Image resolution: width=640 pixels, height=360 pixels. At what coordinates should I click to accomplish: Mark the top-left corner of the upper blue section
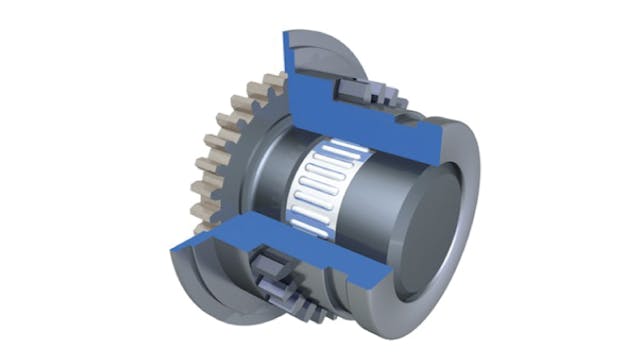pyautogui.click(x=285, y=34)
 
